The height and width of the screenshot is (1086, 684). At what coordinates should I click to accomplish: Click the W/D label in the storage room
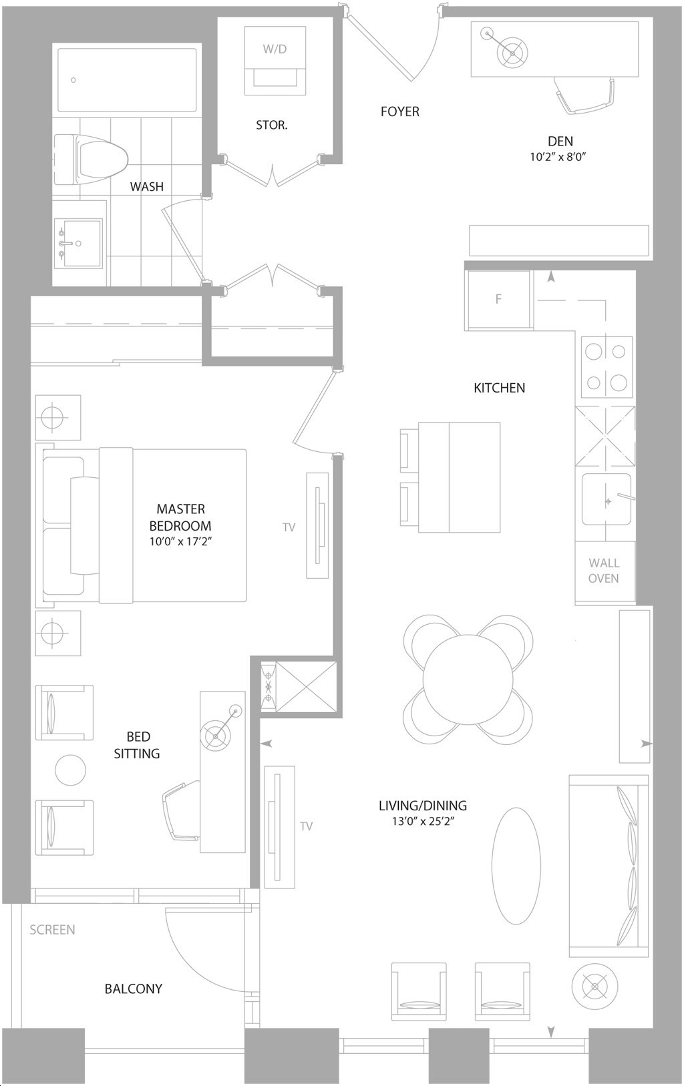tap(275, 49)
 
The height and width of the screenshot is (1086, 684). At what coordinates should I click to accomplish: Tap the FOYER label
tap(399, 111)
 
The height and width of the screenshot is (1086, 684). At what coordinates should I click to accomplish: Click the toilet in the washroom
tap(91, 160)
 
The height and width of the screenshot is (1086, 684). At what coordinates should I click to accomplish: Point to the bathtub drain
tap(73, 80)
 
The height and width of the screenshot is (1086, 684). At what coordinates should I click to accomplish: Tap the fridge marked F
tap(498, 300)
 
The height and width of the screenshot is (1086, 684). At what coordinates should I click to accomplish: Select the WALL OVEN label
tap(603, 571)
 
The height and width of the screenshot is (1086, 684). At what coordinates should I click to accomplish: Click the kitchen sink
tap(607, 499)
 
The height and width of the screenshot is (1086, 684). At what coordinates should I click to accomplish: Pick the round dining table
tap(468, 679)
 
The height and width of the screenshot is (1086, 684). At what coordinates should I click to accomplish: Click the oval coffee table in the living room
tap(516, 866)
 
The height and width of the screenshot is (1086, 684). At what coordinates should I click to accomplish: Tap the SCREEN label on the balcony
tap(52, 930)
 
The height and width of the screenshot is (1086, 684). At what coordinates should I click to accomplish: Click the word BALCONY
tap(134, 989)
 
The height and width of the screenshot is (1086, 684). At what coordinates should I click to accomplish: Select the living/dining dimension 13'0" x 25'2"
tap(423, 821)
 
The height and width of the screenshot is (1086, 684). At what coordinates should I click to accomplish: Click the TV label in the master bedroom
tap(289, 527)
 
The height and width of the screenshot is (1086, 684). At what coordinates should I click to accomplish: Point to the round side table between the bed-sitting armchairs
tap(70, 770)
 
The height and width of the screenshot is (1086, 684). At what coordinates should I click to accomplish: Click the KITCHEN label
tap(499, 388)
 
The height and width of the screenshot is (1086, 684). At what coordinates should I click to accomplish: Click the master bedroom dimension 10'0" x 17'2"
tap(181, 541)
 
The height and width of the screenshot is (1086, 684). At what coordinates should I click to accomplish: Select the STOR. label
tap(272, 125)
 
